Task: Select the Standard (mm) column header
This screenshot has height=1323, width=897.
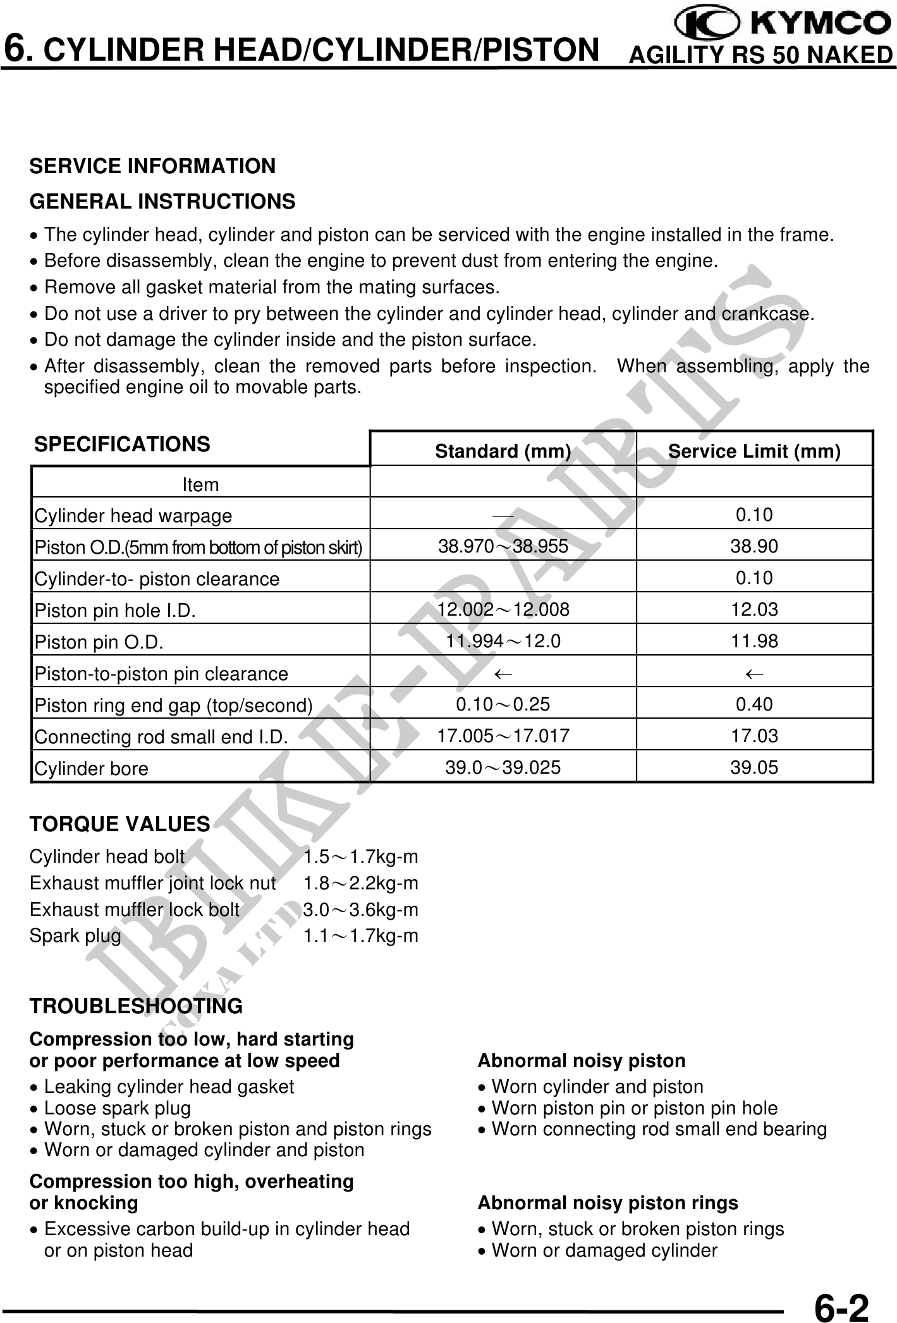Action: coord(503,451)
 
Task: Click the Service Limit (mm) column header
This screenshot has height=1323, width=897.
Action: coord(754,451)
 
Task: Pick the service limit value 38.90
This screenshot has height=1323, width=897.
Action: coord(754,546)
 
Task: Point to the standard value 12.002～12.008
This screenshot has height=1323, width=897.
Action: coord(503,609)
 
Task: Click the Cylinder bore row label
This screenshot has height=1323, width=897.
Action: coord(92,769)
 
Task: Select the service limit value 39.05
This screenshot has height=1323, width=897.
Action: coord(754,767)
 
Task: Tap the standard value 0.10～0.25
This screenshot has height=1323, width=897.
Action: coord(503,704)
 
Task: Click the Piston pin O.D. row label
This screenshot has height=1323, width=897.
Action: coord(99,642)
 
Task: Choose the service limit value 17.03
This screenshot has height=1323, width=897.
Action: coord(754,736)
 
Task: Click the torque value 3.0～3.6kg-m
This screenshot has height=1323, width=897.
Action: coord(360,910)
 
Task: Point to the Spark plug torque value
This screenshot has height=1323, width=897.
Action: coord(360,936)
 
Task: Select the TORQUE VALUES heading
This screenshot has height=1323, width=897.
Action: coord(119,824)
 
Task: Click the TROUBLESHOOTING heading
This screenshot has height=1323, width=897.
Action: coord(136,1006)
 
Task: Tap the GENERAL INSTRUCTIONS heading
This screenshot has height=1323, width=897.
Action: coord(162,202)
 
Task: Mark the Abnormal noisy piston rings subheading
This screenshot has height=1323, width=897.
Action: coord(607,1203)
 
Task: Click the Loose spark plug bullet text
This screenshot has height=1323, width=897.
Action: coord(118,1108)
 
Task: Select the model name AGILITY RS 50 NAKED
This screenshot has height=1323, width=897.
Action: coord(761,56)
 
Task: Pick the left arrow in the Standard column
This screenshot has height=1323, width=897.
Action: coord(503,674)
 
